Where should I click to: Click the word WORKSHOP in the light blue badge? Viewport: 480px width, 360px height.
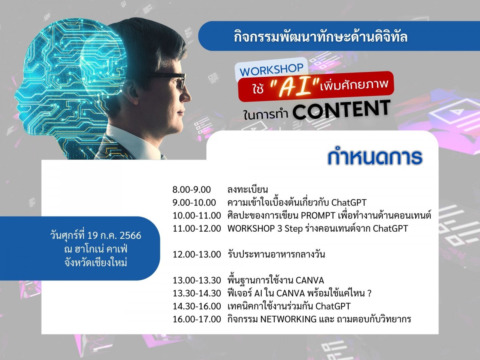(x=271, y=70)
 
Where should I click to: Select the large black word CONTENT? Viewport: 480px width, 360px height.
(x=341, y=110)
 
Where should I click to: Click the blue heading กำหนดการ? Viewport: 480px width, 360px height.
(x=375, y=157)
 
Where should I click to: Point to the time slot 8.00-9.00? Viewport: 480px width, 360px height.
(x=191, y=190)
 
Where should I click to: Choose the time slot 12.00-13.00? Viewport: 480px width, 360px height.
(x=197, y=254)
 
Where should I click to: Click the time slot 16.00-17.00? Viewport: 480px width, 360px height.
(x=197, y=319)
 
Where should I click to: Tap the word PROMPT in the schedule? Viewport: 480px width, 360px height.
(x=318, y=216)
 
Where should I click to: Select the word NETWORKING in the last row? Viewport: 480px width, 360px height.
(x=288, y=319)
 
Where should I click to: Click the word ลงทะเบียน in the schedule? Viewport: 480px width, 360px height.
(x=248, y=190)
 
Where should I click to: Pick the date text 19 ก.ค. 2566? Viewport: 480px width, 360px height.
(x=114, y=236)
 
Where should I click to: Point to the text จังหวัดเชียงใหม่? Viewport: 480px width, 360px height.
(x=96, y=262)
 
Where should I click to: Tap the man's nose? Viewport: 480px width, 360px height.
(x=187, y=96)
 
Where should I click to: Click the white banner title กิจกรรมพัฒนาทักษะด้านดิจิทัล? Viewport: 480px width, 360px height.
(x=320, y=36)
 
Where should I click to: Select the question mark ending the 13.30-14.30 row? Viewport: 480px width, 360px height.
(x=369, y=293)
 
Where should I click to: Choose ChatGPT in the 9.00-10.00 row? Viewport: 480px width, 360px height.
(x=349, y=203)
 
